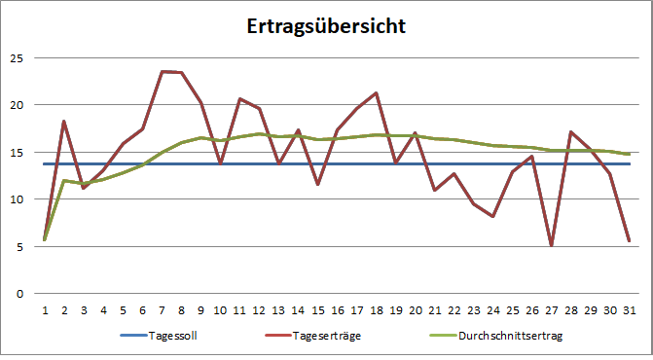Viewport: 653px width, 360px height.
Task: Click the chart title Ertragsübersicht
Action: click(x=325, y=26)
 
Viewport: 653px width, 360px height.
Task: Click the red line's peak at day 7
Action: click(x=162, y=71)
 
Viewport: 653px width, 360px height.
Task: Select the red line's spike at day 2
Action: click(x=64, y=122)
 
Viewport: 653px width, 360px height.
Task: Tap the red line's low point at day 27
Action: click(x=552, y=245)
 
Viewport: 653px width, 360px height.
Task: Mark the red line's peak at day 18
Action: click(x=376, y=93)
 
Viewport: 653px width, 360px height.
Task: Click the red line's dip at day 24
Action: click(x=493, y=216)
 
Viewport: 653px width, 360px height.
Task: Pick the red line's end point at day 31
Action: click(x=630, y=240)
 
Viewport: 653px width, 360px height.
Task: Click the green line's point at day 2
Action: click(x=64, y=181)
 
